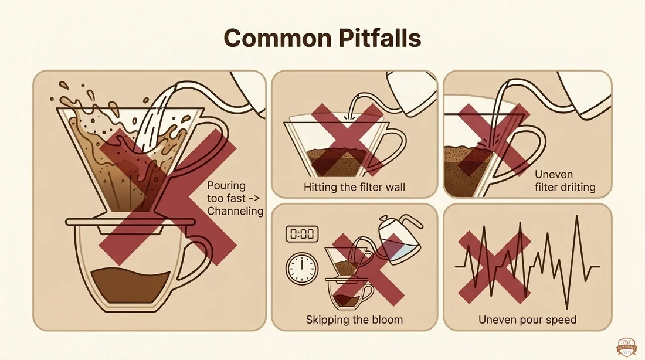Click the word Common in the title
coord(278,38)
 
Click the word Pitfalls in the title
coord(380,38)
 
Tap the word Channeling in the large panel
coord(235,212)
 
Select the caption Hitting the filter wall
coord(354,187)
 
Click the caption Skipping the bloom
coord(354,320)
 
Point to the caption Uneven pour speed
coord(527,320)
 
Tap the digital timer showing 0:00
coord(302,234)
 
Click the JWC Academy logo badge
coord(626,348)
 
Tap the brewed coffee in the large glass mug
coord(130,286)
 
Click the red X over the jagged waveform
coord(494,267)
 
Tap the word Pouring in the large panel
coord(226,186)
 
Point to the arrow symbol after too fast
coord(254,199)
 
